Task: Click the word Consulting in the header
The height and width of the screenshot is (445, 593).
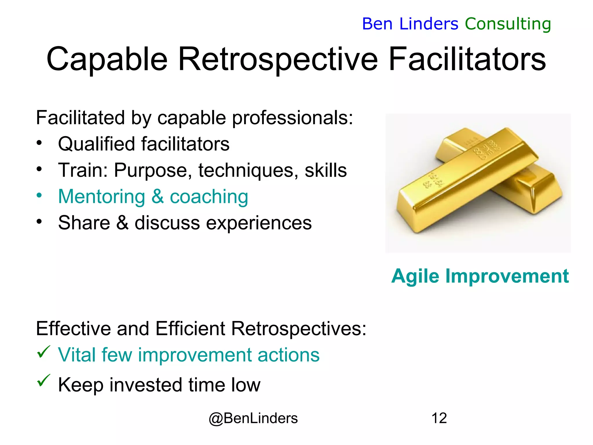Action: click(508, 24)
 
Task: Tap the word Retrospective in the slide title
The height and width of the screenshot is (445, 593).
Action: click(278, 59)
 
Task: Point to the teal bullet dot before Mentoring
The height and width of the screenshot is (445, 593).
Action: click(39, 195)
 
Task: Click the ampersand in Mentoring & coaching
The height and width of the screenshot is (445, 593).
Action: click(157, 196)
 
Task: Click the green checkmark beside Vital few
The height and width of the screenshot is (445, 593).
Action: click(44, 352)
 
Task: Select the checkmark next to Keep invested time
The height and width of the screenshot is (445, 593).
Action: click(44, 380)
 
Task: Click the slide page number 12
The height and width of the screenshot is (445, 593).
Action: click(439, 418)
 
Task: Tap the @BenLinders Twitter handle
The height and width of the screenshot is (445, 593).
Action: click(253, 418)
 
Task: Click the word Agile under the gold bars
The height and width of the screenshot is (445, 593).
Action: click(415, 276)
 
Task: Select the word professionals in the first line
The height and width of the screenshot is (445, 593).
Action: click(292, 118)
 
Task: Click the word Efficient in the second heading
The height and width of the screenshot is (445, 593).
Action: click(190, 329)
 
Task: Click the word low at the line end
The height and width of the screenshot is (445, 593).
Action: click(246, 385)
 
